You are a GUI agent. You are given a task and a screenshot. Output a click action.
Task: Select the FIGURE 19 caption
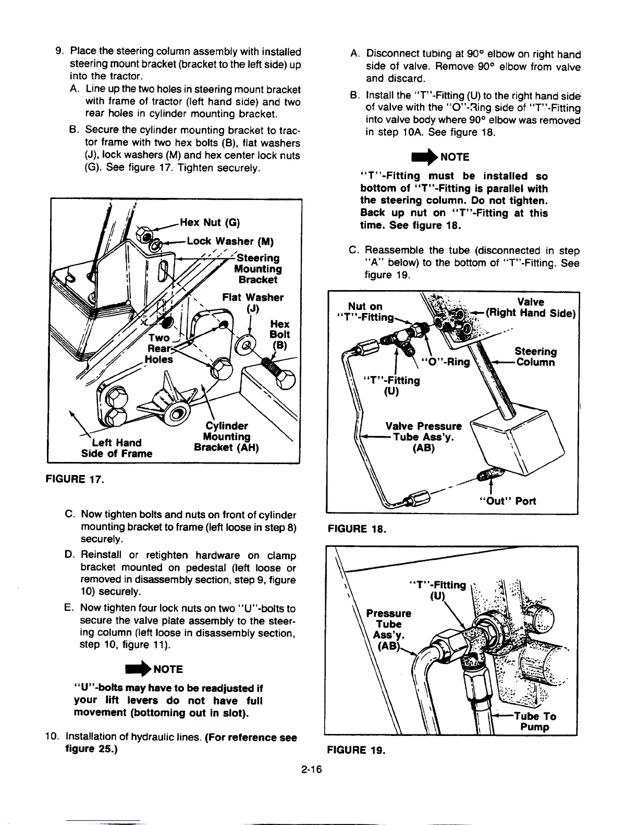point(356,751)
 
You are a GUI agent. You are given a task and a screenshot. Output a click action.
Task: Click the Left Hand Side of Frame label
point(116,448)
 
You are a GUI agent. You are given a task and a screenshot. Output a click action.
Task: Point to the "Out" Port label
point(500,501)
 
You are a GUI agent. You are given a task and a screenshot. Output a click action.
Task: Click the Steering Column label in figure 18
point(535,357)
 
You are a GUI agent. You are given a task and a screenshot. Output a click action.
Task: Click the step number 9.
point(59,52)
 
